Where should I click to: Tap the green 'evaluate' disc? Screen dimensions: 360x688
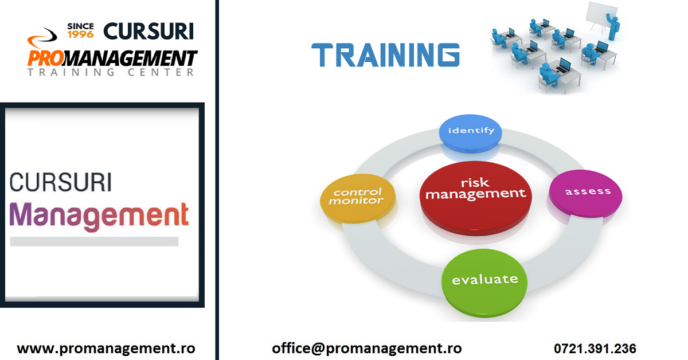484,280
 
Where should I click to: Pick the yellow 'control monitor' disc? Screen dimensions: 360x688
358,198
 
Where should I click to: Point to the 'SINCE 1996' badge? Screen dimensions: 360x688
80,30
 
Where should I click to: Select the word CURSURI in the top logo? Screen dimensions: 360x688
148,30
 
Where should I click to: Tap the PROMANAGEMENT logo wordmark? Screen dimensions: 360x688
112,58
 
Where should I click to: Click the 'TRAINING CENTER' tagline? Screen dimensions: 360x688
110,73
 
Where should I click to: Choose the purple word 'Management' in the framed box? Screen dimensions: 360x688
99,216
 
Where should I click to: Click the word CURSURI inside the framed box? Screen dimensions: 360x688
61,183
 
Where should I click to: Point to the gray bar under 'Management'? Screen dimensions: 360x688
94,241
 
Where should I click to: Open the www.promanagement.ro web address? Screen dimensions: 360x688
106,348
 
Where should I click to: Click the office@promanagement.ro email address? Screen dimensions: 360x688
366,348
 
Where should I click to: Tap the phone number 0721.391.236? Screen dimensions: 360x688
595,349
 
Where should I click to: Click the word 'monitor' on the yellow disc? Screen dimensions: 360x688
356,202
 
